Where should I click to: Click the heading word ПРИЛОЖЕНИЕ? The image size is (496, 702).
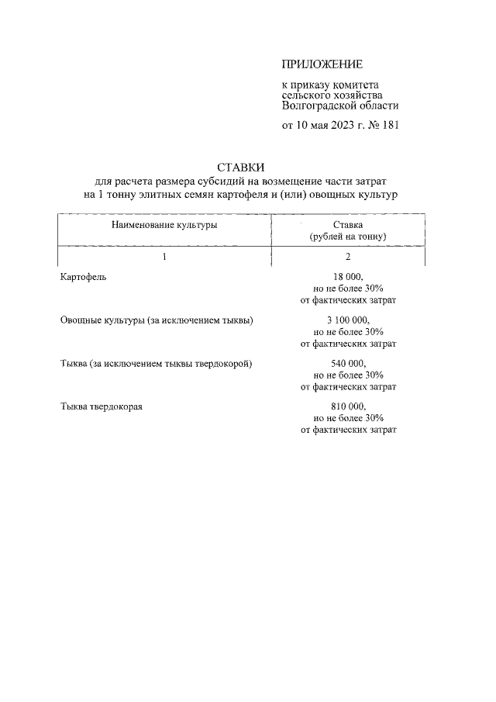(x=322, y=64)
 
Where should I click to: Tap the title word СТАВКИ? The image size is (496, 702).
(x=241, y=167)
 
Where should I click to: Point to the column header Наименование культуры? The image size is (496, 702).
(x=164, y=225)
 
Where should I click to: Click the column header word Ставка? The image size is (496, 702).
(x=348, y=224)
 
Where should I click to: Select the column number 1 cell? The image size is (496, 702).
(x=164, y=256)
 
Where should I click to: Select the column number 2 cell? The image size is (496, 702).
(x=348, y=256)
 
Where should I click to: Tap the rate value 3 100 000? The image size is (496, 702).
(x=348, y=320)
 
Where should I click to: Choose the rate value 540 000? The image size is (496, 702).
(x=348, y=363)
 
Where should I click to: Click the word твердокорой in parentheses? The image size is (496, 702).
(x=226, y=363)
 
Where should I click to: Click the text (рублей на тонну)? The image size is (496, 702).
(x=348, y=235)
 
